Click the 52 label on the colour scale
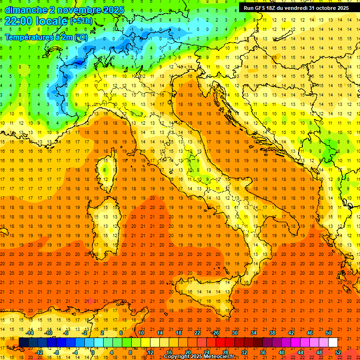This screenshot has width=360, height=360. tap(338, 352)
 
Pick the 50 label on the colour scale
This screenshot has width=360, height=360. tap(329, 333)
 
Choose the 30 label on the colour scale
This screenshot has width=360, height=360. tap(235, 333)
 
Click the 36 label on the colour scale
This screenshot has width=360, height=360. tap(263, 352)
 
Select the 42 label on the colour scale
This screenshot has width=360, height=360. tap(291, 333)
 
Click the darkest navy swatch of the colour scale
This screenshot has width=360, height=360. tap(23, 343)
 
